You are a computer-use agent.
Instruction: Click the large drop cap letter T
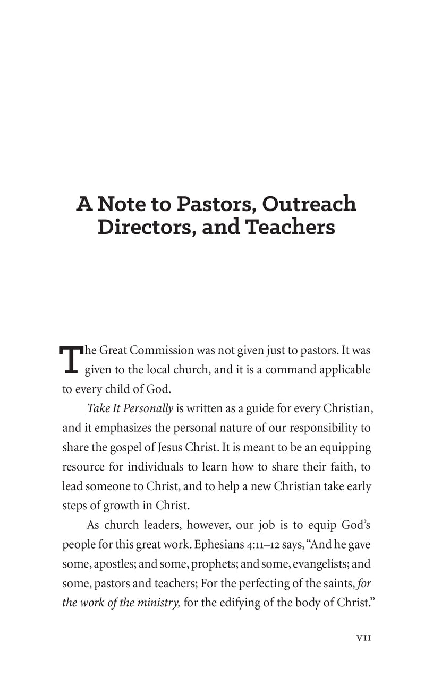click(70, 359)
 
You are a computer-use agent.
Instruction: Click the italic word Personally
click(147, 408)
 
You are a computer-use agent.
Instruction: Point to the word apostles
click(113, 563)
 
